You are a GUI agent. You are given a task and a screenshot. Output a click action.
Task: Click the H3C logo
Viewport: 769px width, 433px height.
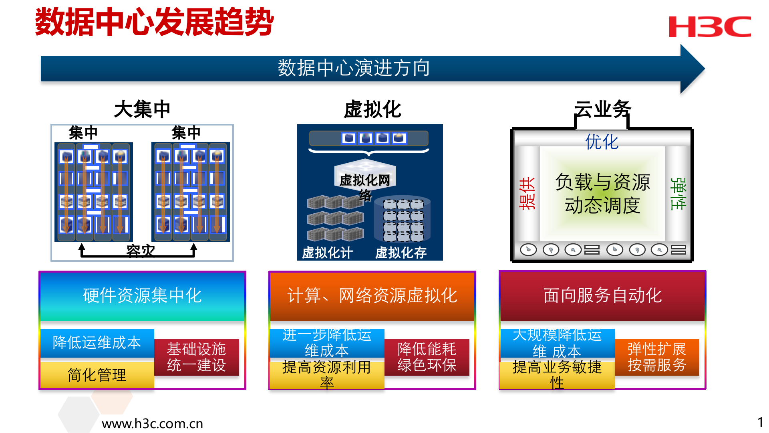(x=710, y=26)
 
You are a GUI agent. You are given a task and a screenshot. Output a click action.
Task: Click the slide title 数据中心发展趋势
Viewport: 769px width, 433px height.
(x=155, y=22)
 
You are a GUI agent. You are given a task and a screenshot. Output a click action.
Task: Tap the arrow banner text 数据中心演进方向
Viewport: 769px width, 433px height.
(x=354, y=68)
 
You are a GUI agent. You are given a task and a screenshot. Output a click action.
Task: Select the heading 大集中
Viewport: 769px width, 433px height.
(x=142, y=109)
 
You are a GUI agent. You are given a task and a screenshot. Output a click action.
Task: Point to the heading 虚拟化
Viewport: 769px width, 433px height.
(x=372, y=109)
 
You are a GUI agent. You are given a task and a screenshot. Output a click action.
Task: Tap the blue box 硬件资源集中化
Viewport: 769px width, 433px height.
(x=142, y=296)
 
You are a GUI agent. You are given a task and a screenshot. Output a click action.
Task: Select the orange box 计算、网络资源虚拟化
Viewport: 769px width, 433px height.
(x=372, y=296)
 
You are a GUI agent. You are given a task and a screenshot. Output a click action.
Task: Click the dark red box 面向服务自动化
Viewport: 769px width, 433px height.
(x=602, y=296)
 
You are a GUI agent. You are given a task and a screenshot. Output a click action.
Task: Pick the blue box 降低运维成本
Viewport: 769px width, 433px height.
(x=97, y=343)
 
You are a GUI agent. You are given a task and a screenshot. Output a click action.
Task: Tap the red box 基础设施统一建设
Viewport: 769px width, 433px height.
(x=196, y=357)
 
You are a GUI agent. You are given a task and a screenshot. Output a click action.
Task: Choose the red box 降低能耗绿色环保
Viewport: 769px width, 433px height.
(x=427, y=357)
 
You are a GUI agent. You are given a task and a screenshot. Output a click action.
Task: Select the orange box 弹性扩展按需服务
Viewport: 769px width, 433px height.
(x=657, y=357)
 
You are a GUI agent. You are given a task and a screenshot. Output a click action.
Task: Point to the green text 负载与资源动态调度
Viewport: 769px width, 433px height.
(x=602, y=194)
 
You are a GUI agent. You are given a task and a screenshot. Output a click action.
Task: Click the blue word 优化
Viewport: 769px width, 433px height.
(x=602, y=142)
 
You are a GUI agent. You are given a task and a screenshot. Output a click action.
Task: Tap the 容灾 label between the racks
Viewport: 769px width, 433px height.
(x=140, y=251)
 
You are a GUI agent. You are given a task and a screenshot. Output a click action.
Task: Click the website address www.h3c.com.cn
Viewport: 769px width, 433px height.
(x=152, y=424)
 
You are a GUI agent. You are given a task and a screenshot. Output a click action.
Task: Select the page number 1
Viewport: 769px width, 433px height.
(x=760, y=422)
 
